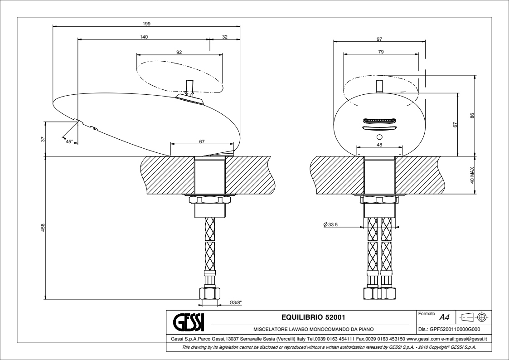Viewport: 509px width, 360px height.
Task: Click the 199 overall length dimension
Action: point(146,24)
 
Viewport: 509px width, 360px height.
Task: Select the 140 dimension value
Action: point(144,37)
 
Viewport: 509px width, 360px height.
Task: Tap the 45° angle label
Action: point(69,141)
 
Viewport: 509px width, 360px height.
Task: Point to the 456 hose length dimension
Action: point(43,228)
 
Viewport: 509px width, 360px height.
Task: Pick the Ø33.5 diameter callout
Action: point(331,224)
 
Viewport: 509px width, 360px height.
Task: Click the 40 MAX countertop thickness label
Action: point(472,175)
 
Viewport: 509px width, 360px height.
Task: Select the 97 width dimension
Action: point(379,39)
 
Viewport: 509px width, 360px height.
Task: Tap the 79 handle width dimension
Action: point(381,52)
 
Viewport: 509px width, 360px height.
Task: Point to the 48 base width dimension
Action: point(379,145)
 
